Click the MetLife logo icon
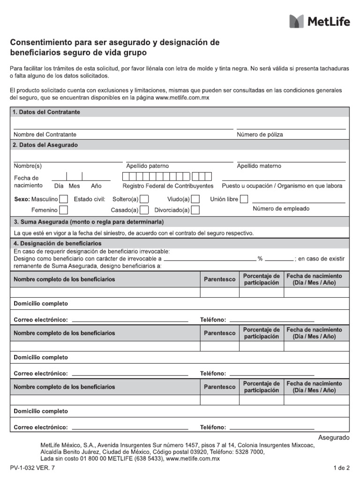click(x=297, y=21)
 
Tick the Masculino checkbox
click(x=63, y=199)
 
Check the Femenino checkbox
click(x=63, y=210)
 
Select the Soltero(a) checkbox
click(x=145, y=199)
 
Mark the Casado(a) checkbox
click(x=145, y=210)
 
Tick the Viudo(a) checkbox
click(x=195, y=199)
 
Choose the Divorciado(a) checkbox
click(x=195, y=210)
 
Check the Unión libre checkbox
click(x=244, y=199)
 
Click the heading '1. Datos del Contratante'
click(x=46, y=112)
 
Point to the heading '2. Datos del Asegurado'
click(x=45, y=145)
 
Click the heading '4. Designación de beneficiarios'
click(x=57, y=244)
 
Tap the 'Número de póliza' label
click(x=260, y=135)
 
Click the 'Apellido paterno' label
click(x=148, y=166)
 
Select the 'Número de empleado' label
click(x=281, y=209)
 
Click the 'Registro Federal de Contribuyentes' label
click(x=168, y=186)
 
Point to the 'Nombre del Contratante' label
click(x=45, y=135)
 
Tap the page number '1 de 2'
click(x=341, y=468)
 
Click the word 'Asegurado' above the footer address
click(x=334, y=437)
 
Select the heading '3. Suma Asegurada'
click(x=89, y=222)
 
